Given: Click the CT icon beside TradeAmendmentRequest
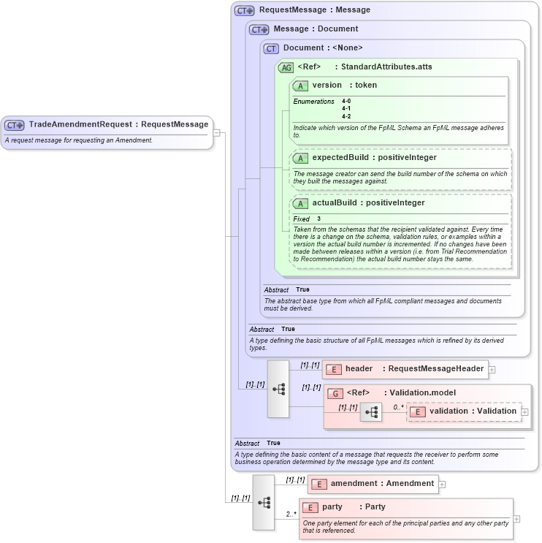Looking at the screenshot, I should click(x=15, y=125).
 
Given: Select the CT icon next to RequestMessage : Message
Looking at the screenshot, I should click(x=244, y=10).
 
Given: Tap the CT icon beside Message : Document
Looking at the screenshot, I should click(x=259, y=29).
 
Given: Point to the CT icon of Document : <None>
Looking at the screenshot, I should click(x=271, y=48).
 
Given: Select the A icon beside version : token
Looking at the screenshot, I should click(x=300, y=86).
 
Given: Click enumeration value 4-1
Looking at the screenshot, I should click(x=346, y=109).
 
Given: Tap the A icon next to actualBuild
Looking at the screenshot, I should click(x=300, y=203).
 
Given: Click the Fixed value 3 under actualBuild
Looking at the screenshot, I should click(x=319, y=219).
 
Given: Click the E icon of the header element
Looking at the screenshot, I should click(x=333, y=369).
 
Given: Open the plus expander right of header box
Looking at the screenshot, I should click(x=492, y=370).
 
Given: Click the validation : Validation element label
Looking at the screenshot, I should click(x=473, y=411).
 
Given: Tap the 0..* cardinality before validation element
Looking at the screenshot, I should click(x=398, y=407).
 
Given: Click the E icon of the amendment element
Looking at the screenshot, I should click(x=318, y=484).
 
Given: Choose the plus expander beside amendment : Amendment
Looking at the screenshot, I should click(x=442, y=484).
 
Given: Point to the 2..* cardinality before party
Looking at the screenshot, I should click(x=291, y=514).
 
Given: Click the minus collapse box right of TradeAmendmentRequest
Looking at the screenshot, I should click(x=216, y=133).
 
